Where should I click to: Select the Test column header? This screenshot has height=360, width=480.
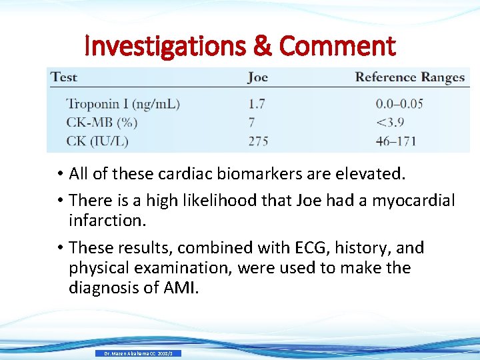pos(64,77)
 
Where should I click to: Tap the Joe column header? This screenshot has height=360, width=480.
pos(257,77)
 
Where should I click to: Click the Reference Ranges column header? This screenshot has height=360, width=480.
pos(409,77)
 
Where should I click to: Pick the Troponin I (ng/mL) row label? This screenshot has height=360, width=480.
pos(123,104)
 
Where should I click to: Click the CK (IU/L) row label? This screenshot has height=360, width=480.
pos(97,141)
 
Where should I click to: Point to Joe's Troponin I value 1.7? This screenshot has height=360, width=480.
pos(257,104)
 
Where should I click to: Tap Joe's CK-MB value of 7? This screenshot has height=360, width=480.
pos(251,123)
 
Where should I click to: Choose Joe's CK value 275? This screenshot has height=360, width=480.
pos(259,141)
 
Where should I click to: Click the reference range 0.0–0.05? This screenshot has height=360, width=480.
pos(399,104)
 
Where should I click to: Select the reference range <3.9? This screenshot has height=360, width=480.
pos(390,123)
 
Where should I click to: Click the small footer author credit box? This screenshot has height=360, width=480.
pos(139,353)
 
